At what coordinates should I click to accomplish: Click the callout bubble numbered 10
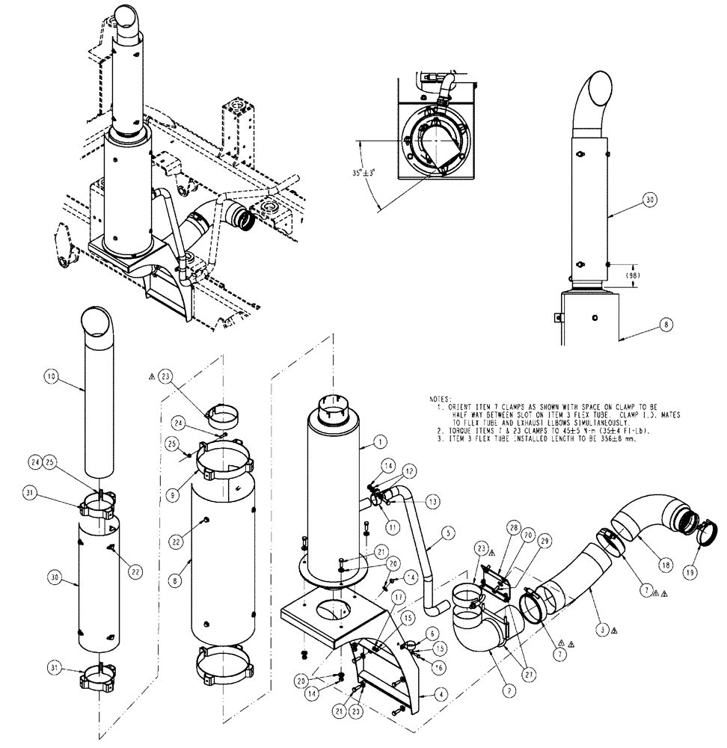pos(50,379)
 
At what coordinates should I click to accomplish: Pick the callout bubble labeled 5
pos(447,533)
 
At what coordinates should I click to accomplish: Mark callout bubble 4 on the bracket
pos(444,693)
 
